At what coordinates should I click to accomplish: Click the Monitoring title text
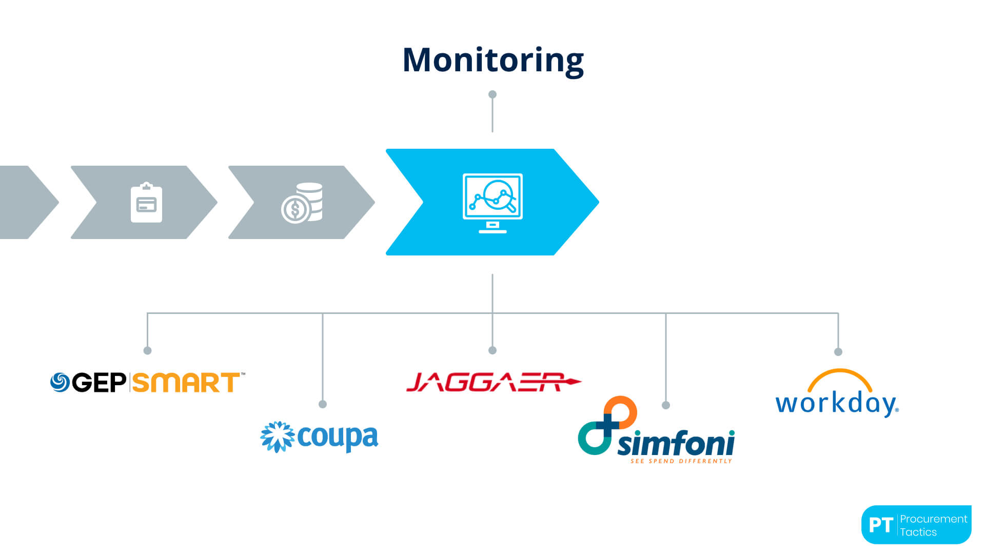pos(493,60)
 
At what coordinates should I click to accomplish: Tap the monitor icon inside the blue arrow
pos(493,203)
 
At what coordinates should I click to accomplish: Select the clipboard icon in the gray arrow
pos(146,203)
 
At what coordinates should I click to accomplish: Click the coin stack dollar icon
pos(302,203)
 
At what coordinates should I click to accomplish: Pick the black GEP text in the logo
pos(99,383)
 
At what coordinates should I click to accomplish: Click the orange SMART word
pos(186,383)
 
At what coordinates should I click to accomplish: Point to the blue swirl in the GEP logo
pos(60,382)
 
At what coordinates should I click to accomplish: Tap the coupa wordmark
pos(338,438)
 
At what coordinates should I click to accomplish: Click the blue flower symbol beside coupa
pos(277,437)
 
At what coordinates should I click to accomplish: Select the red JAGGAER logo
pos(493,382)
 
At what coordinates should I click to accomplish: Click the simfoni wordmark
pos(676,444)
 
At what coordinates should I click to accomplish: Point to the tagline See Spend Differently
pos(681,461)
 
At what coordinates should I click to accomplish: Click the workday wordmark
pos(837,403)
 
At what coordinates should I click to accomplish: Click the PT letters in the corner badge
pos(881,525)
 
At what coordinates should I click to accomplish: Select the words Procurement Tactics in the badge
pos(933,525)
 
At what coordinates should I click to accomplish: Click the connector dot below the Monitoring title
pos(493,94)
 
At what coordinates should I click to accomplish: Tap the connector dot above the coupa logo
pos(323,404)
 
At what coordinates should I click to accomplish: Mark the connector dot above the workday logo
pos(838,352)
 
